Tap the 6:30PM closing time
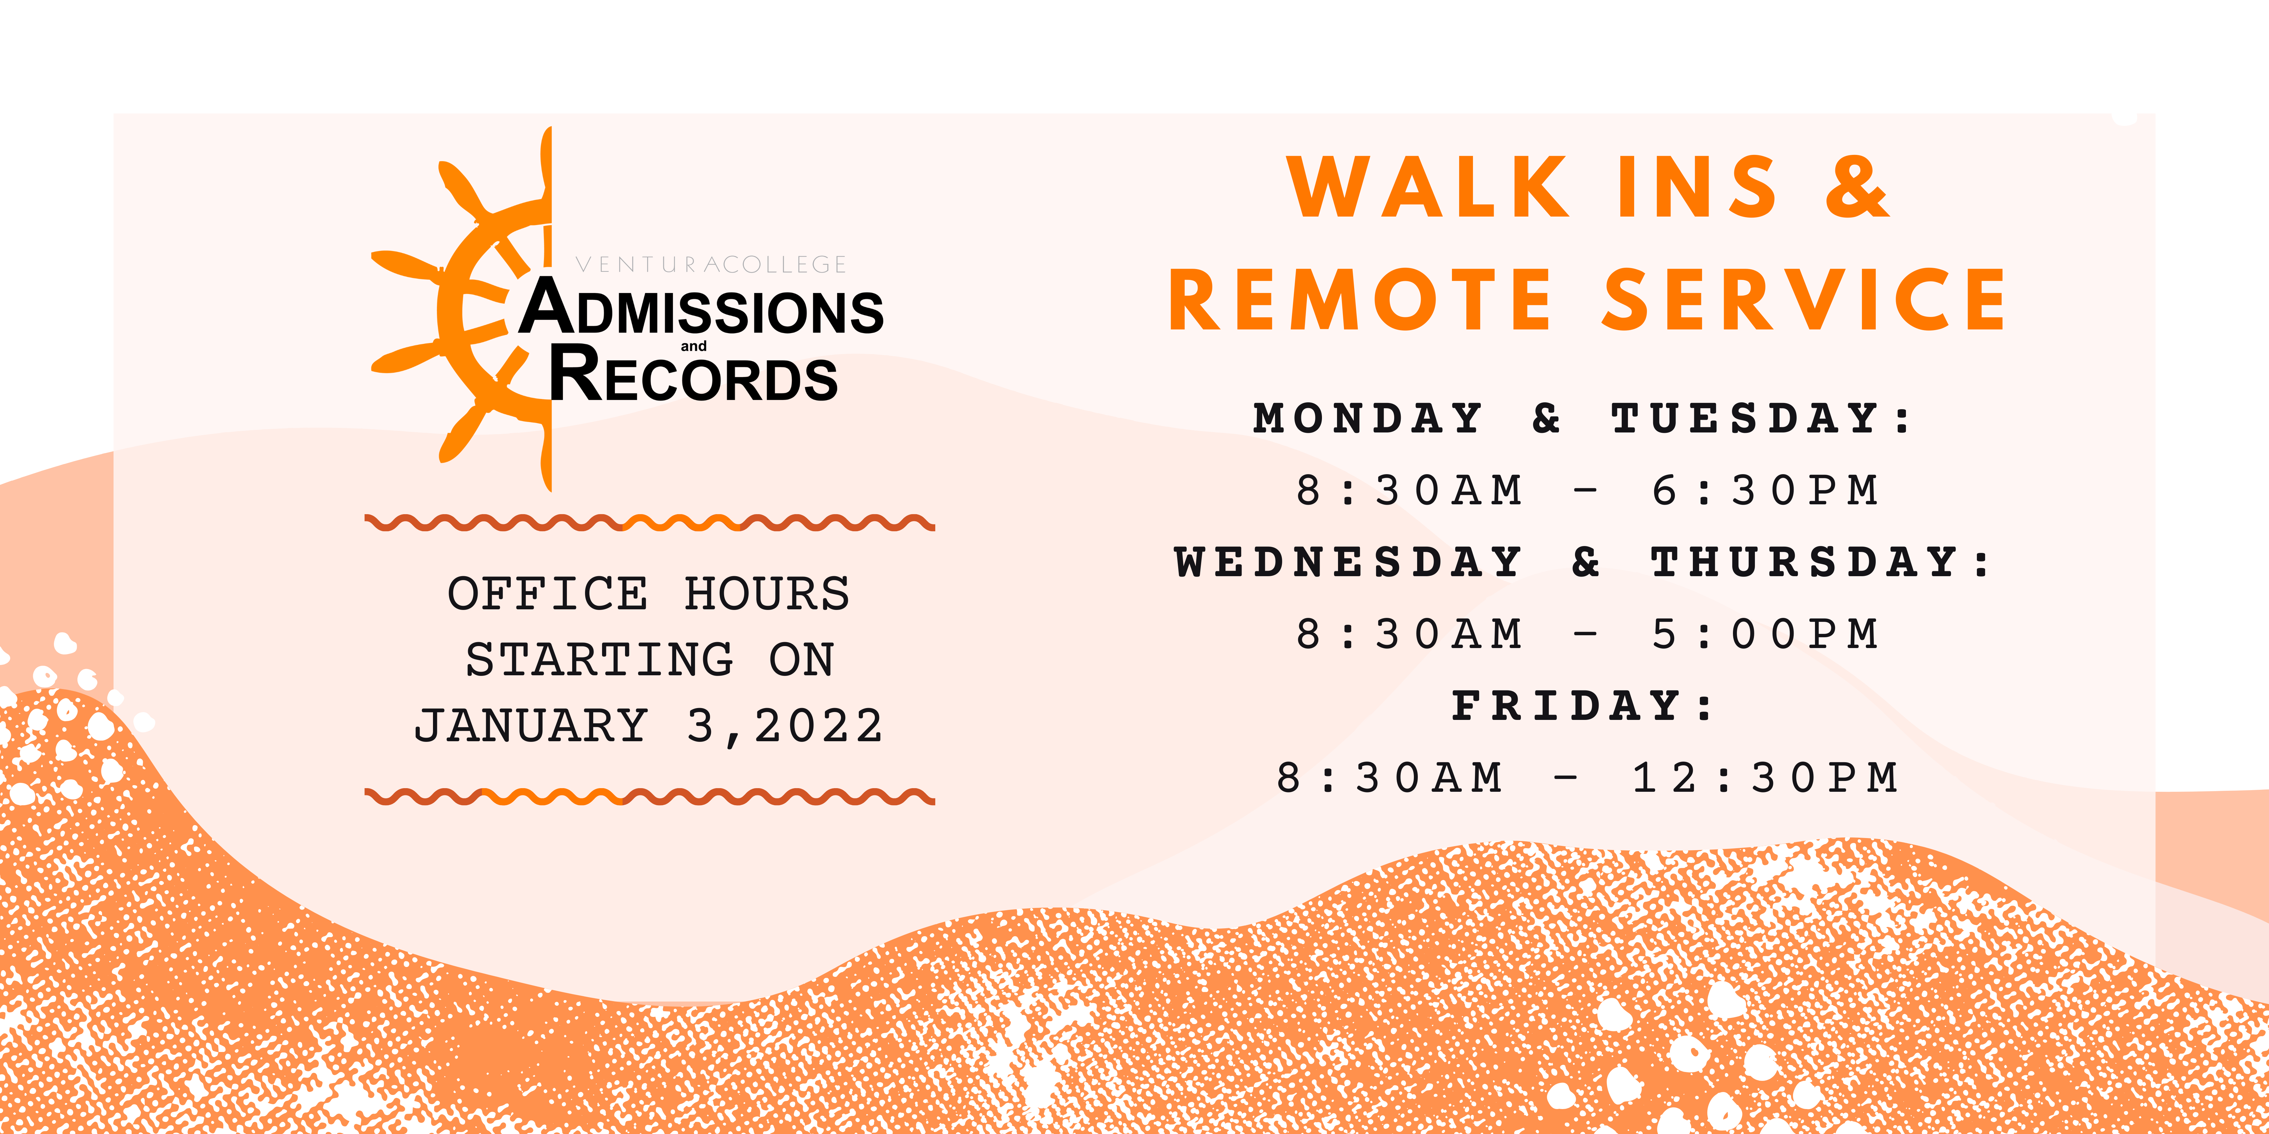click(x=1764, y=491)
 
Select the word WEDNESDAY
click(x=1348, y=562)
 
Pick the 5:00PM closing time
click(x=1764, y=634)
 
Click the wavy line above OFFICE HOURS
click(x=650, y=523)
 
